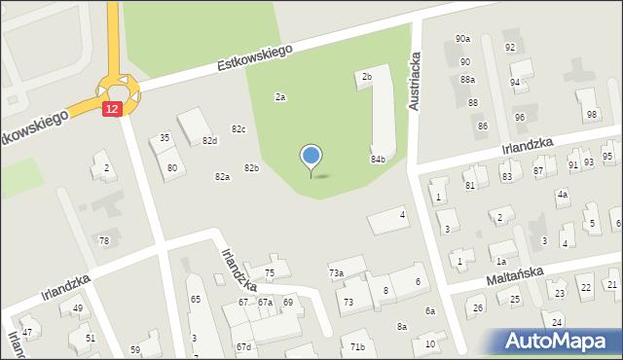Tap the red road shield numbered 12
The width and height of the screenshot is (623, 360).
point(112,109)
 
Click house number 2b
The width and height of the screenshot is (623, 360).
point(367,76)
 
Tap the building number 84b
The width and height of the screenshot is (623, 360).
point(378,159)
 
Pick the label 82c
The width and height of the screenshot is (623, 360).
point(238,129)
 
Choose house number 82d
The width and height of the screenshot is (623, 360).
point(209,141)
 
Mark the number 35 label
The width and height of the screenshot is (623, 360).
point(165,138)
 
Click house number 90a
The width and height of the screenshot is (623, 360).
point(462,39)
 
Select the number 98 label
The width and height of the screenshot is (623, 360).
point(591,115)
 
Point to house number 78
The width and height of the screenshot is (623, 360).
point(104,240)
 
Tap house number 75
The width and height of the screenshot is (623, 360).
point(270,272)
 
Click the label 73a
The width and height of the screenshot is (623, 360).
point(336,273)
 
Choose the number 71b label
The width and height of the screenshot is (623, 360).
point(357,346)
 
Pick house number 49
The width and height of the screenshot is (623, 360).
point(77,308)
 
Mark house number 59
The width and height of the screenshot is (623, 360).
point(135,349)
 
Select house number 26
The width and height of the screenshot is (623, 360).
point(478,308)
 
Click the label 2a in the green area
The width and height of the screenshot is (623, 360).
point(280,97)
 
